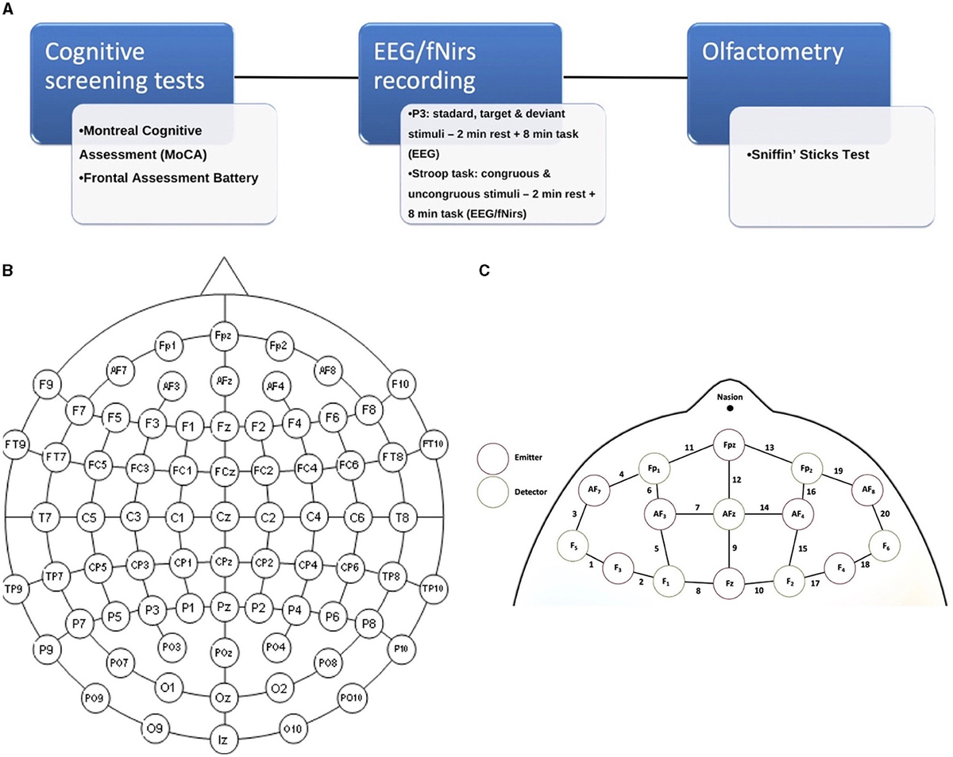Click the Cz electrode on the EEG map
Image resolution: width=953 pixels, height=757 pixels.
click(223, 518)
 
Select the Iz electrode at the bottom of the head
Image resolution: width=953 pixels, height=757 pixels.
click(223, 740)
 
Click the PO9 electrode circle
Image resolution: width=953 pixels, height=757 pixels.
click(96, 697)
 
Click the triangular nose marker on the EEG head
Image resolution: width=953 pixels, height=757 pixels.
click(224, 278)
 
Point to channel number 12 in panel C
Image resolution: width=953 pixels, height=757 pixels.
click(735, 478)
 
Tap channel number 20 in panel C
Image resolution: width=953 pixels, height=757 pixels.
click(885, 513)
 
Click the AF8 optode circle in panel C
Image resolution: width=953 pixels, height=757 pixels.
click(867, 490)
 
